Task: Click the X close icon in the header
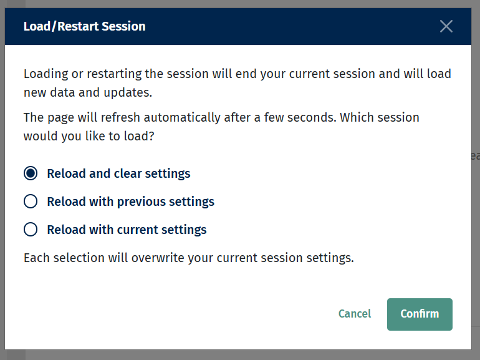pyautogui.click(x=446, y=26)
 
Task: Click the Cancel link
pyautogui.click(x=355, y=314)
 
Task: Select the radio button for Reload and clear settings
pyautogui.click(x=31, y=173)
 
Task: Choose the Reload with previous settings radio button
pyautogui.click(x=31, y=202)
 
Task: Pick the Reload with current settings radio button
pyautogui.click(x=31, y=230)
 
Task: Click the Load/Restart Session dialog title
pyautogui.click(x=84, y=26)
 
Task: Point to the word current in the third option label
pyautogui.click(x=141, y=230)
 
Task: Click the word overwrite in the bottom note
pyautogui.click(x=156, y=257)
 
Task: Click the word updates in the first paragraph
pyautogui.click(x=128, y=93)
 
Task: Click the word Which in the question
pyautogui.click(x=358, y=117)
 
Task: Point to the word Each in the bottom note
pyautogui.click(x=35, y=257)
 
